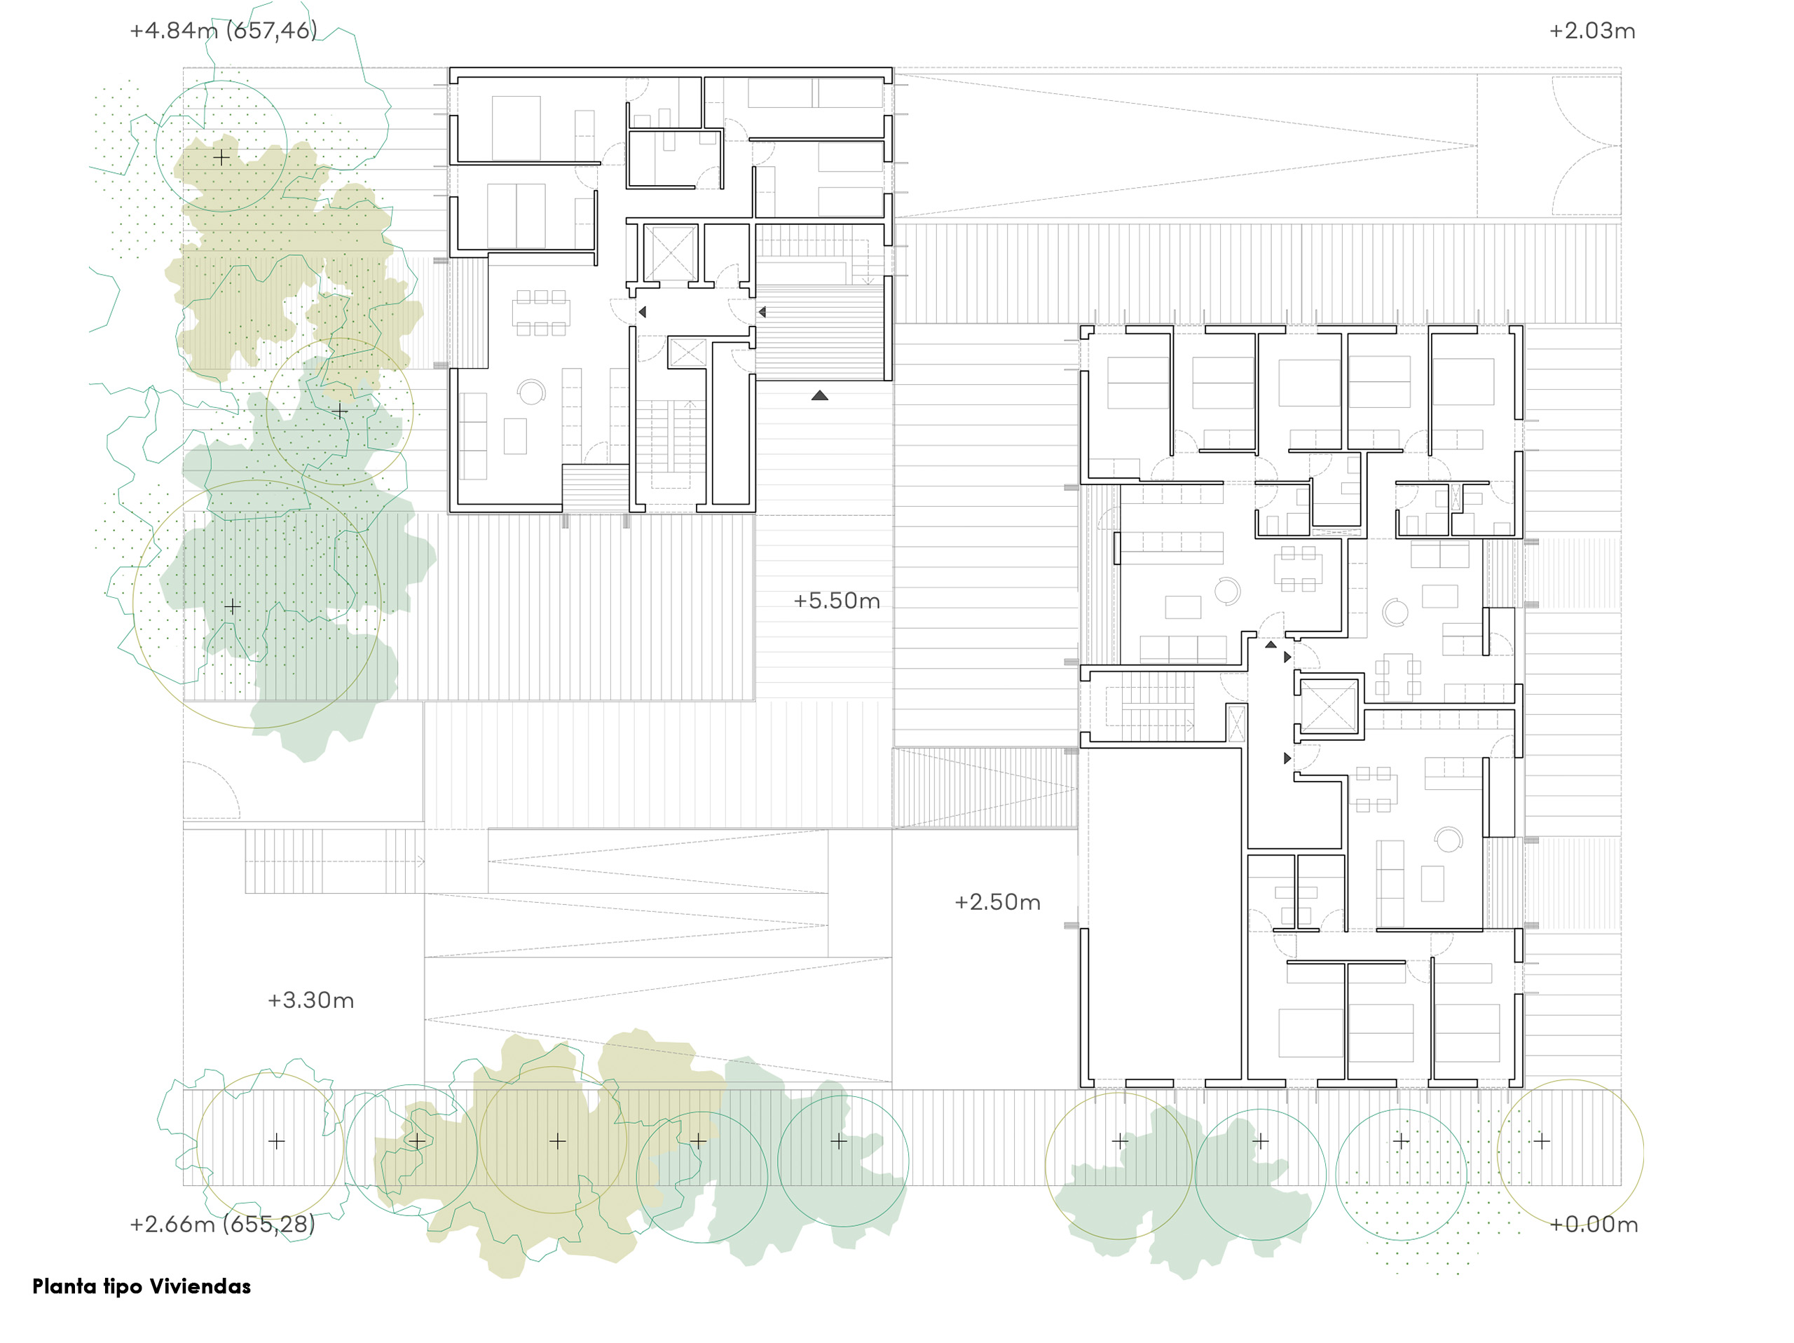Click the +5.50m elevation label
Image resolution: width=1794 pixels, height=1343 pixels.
836,601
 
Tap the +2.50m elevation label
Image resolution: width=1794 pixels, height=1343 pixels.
997,903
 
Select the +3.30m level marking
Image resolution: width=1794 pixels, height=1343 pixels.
310,1001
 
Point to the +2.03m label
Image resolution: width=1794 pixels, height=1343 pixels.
1591,31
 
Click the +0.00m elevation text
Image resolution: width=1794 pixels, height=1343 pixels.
1593,1225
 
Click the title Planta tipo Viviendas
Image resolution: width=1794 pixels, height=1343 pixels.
141,1286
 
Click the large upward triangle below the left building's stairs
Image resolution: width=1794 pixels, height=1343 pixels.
820,396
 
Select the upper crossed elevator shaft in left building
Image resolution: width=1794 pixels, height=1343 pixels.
670,253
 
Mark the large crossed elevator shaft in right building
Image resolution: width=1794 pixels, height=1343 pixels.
1329,706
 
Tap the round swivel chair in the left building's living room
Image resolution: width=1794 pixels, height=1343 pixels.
531,393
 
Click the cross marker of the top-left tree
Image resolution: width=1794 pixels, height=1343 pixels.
221,156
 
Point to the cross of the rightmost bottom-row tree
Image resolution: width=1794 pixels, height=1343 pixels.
1542,1141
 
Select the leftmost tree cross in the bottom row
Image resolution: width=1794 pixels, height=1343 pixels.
277,1141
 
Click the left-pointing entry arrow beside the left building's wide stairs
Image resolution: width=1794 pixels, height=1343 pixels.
762,311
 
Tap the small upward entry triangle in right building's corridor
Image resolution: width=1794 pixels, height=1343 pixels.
1270,645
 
